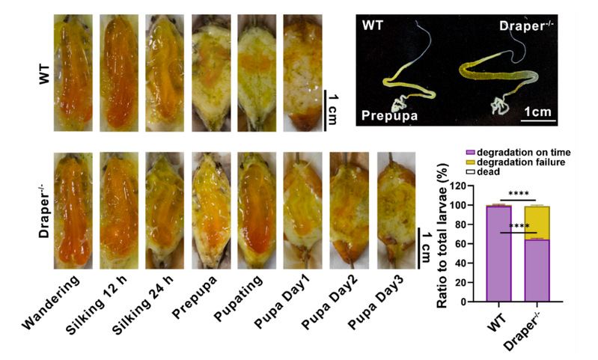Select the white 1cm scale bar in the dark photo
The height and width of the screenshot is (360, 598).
[537, 120]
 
